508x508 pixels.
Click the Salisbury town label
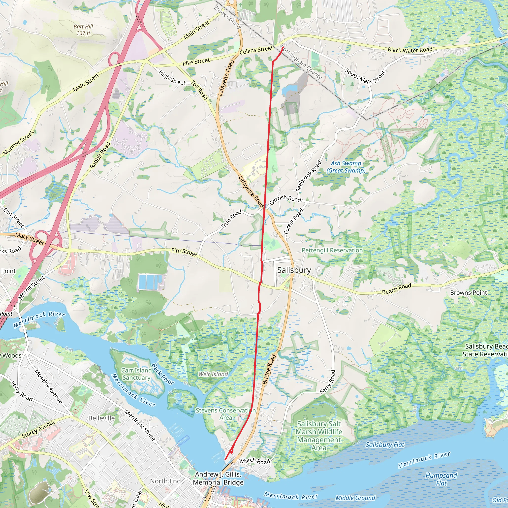294,270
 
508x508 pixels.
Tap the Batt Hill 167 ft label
83,30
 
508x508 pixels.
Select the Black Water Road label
410,50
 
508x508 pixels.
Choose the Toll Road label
200,90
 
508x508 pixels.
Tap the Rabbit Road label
100,155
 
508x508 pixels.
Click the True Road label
231,219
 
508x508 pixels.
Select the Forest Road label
293,221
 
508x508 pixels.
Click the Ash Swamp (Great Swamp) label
346,167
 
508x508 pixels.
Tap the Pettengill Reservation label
332,250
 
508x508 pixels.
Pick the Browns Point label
469,293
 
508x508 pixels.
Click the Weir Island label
213,374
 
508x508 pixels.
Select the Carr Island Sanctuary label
136,374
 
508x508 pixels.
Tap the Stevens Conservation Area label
226,414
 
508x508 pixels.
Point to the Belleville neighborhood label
101,418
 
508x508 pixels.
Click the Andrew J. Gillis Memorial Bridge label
218,478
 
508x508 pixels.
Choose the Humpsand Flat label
441,479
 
